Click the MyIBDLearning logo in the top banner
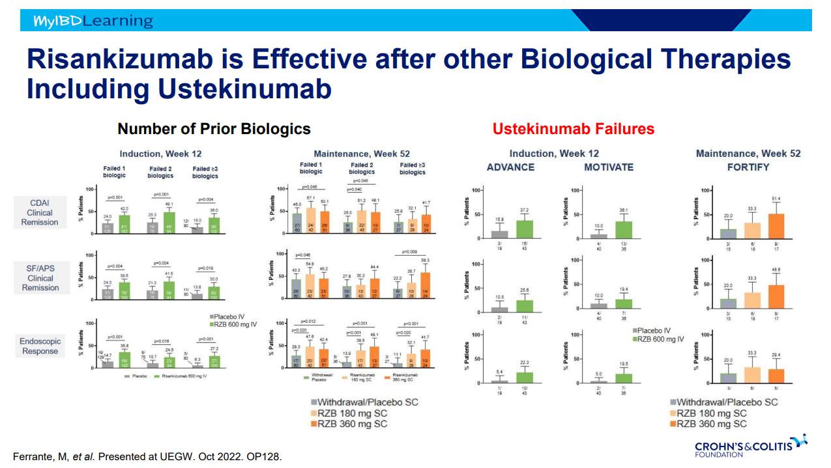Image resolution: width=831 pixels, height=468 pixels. point(93,21)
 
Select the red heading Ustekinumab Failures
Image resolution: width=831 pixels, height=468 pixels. point(573,129)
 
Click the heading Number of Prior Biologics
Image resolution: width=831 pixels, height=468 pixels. point(214,129)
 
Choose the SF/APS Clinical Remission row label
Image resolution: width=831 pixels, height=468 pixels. point(40,278)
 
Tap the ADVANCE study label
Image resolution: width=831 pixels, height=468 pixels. point(510,167)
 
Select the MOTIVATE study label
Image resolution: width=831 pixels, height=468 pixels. point(609,167)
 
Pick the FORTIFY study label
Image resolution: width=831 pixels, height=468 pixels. point(748,167)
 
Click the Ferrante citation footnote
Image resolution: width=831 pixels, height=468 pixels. point(147,456)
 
